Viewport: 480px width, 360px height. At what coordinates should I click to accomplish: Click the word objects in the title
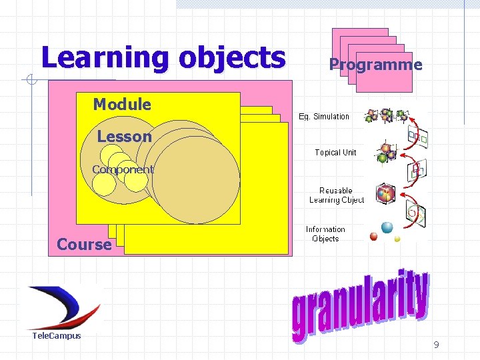point(231,58)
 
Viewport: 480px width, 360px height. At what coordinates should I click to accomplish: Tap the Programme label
point(375,65)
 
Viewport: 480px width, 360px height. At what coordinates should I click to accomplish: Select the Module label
point(122,104)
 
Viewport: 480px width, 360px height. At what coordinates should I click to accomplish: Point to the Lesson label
point(124,137)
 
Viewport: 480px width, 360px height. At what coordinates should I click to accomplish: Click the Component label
point(123,169)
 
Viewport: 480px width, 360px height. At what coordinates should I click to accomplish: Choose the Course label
point(84,245)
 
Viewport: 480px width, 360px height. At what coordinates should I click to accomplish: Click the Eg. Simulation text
point(323,117)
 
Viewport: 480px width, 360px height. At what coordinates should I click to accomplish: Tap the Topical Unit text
point(335,153)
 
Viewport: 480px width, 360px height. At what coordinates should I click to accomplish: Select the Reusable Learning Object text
point(336,195)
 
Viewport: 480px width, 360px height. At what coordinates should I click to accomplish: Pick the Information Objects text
point(325,234)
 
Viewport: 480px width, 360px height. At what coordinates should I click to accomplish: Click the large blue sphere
point(387,228)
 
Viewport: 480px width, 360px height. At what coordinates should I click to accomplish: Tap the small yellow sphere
point(397,238)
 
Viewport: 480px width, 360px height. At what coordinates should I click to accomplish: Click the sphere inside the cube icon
point(386,194)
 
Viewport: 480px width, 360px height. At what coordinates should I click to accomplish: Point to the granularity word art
point(359,307)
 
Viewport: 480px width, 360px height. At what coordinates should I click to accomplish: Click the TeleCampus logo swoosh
point(63,307)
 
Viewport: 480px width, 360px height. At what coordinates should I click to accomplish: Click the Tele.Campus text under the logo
point(57,335)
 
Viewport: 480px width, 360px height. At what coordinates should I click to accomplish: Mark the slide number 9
point(436,345)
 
